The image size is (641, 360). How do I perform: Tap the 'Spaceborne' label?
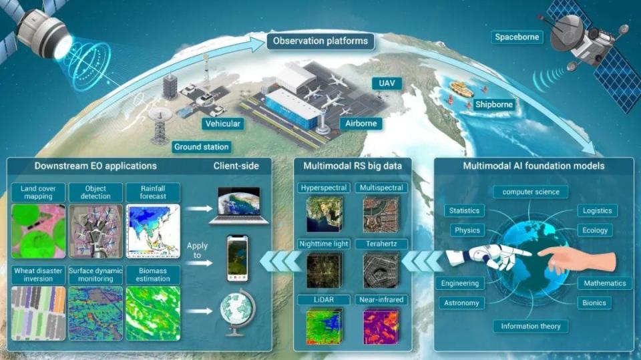[x=517, y=37]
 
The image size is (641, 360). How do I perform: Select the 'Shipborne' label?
[x=493, y=104]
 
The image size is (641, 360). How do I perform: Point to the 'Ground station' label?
[x=201, y=146]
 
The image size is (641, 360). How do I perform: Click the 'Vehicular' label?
[x=223, y=124]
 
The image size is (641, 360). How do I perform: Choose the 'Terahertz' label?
[x=379, y=244]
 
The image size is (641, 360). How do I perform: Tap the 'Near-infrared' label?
[x=379, y=300]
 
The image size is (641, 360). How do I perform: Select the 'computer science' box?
[x=531, y=192]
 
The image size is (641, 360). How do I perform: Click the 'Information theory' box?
[x=531, y=327]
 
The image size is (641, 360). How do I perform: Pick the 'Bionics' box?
[x=593, y=303]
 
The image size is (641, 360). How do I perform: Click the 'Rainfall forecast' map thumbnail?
[x=153, y=232]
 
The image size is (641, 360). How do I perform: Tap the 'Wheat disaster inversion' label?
[x=39, y=274]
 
